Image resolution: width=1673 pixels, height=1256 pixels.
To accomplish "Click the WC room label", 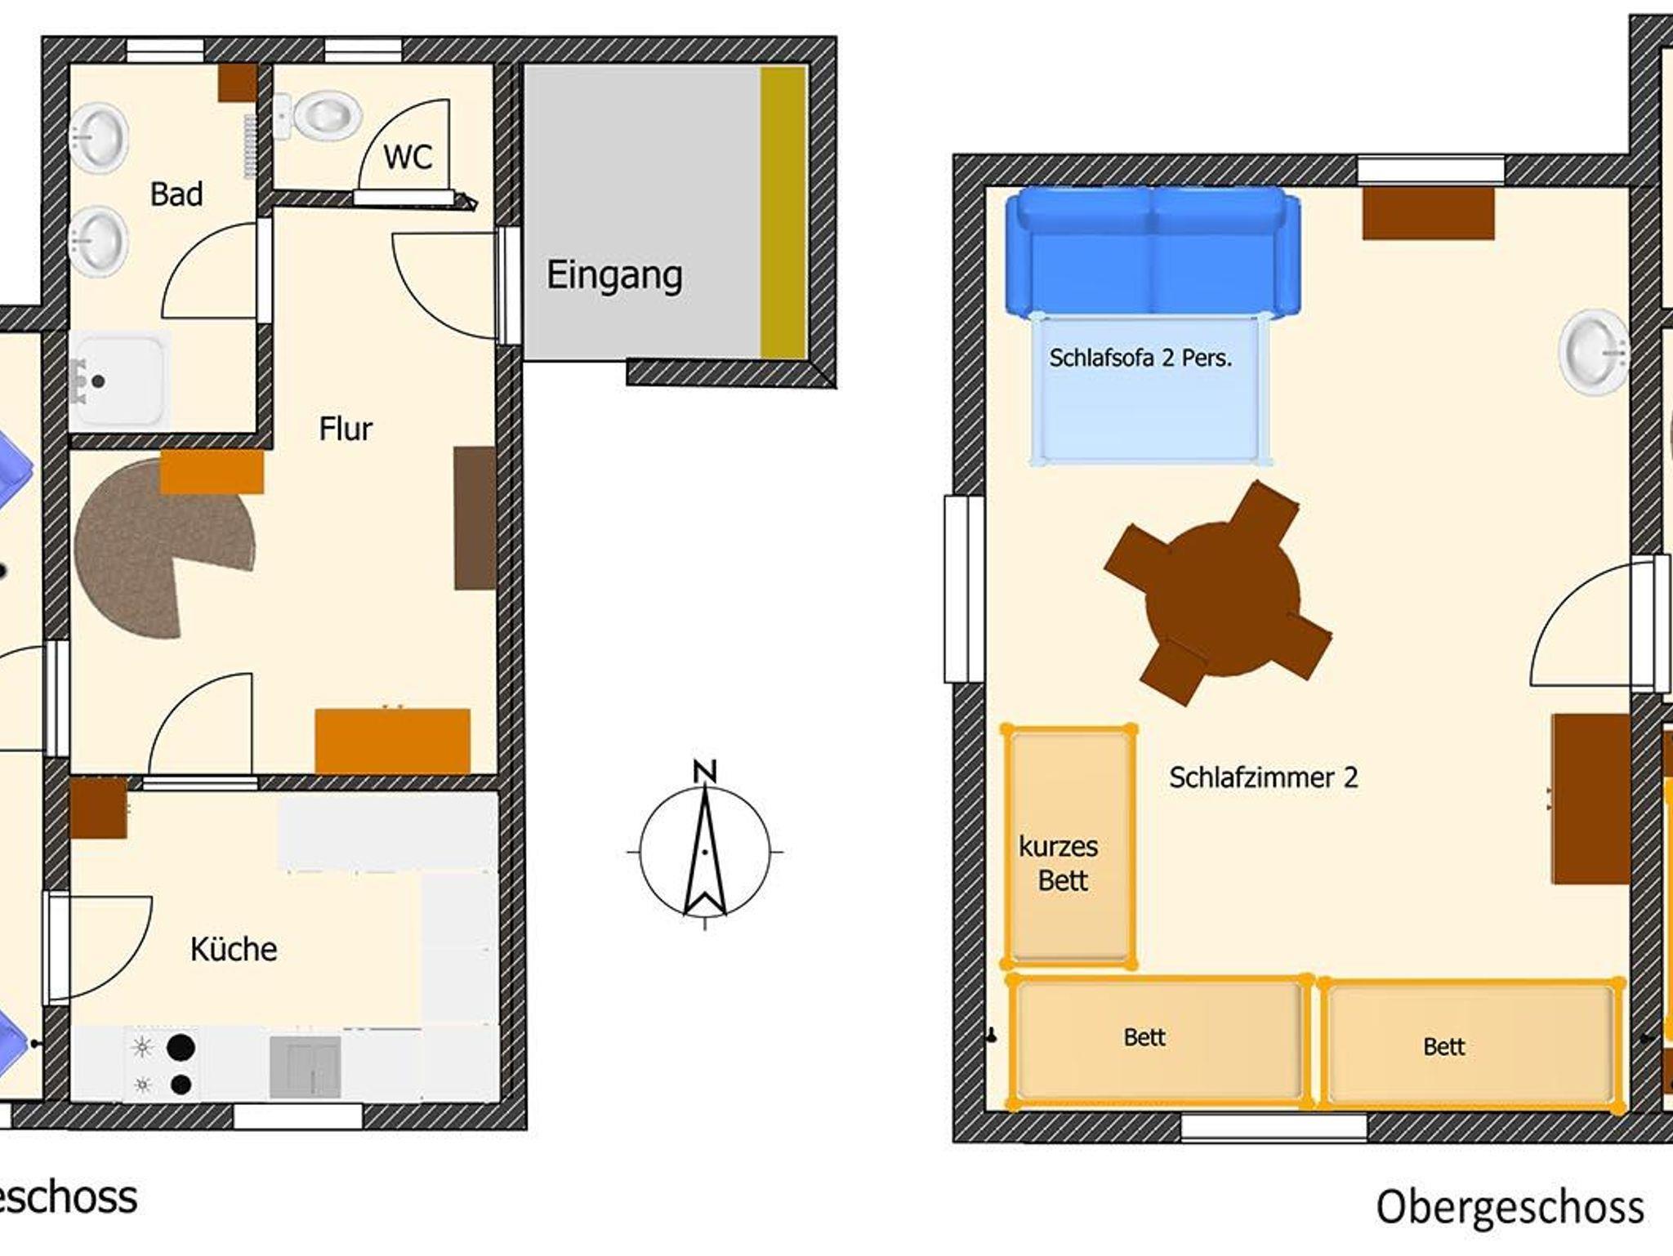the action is pyautogui.click(x=408, y=157).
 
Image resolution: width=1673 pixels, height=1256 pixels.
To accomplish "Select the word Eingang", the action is pyautogui.click(x=614, y=275).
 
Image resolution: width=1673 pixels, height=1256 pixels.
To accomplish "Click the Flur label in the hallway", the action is pyautogui.click(x=346, y=429).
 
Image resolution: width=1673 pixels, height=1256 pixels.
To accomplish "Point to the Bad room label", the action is pyautogui.click(x=176, y=194).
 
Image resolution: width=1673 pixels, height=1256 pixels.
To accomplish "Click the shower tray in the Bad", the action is pyautogui.click(x=119, y=379).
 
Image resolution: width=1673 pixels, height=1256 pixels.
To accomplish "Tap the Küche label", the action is pyautogui.click(x=234, y=949).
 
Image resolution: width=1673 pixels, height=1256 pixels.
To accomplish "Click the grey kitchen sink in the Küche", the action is pyautogui.click(x=305, y=1067).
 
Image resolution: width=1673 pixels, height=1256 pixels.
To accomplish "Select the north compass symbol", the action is pyautogui.click(x=705, y=853).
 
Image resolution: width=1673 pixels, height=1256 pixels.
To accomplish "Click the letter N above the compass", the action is pyautogui.click(x=705, y=772).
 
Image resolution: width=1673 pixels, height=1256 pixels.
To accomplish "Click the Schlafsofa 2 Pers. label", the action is pyautogui.click(x=1140, y=358).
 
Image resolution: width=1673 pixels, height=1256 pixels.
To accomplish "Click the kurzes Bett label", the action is pyautogui.click(x=1060, y=863).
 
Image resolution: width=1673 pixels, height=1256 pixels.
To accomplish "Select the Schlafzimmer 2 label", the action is pyautogui.click(x=1263, y=777).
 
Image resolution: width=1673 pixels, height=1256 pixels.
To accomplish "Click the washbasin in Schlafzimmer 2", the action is pyautogui.click(x=1594, y=353).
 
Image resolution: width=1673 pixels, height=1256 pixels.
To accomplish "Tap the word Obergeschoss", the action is pyautogui.click(x=1510, y=1207).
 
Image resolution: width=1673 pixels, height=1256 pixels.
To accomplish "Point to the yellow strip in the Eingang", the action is pyautogui.click(x=783, y=212).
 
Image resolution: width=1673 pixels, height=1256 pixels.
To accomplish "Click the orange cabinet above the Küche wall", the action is pyautogui.click(x=393, y=741).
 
